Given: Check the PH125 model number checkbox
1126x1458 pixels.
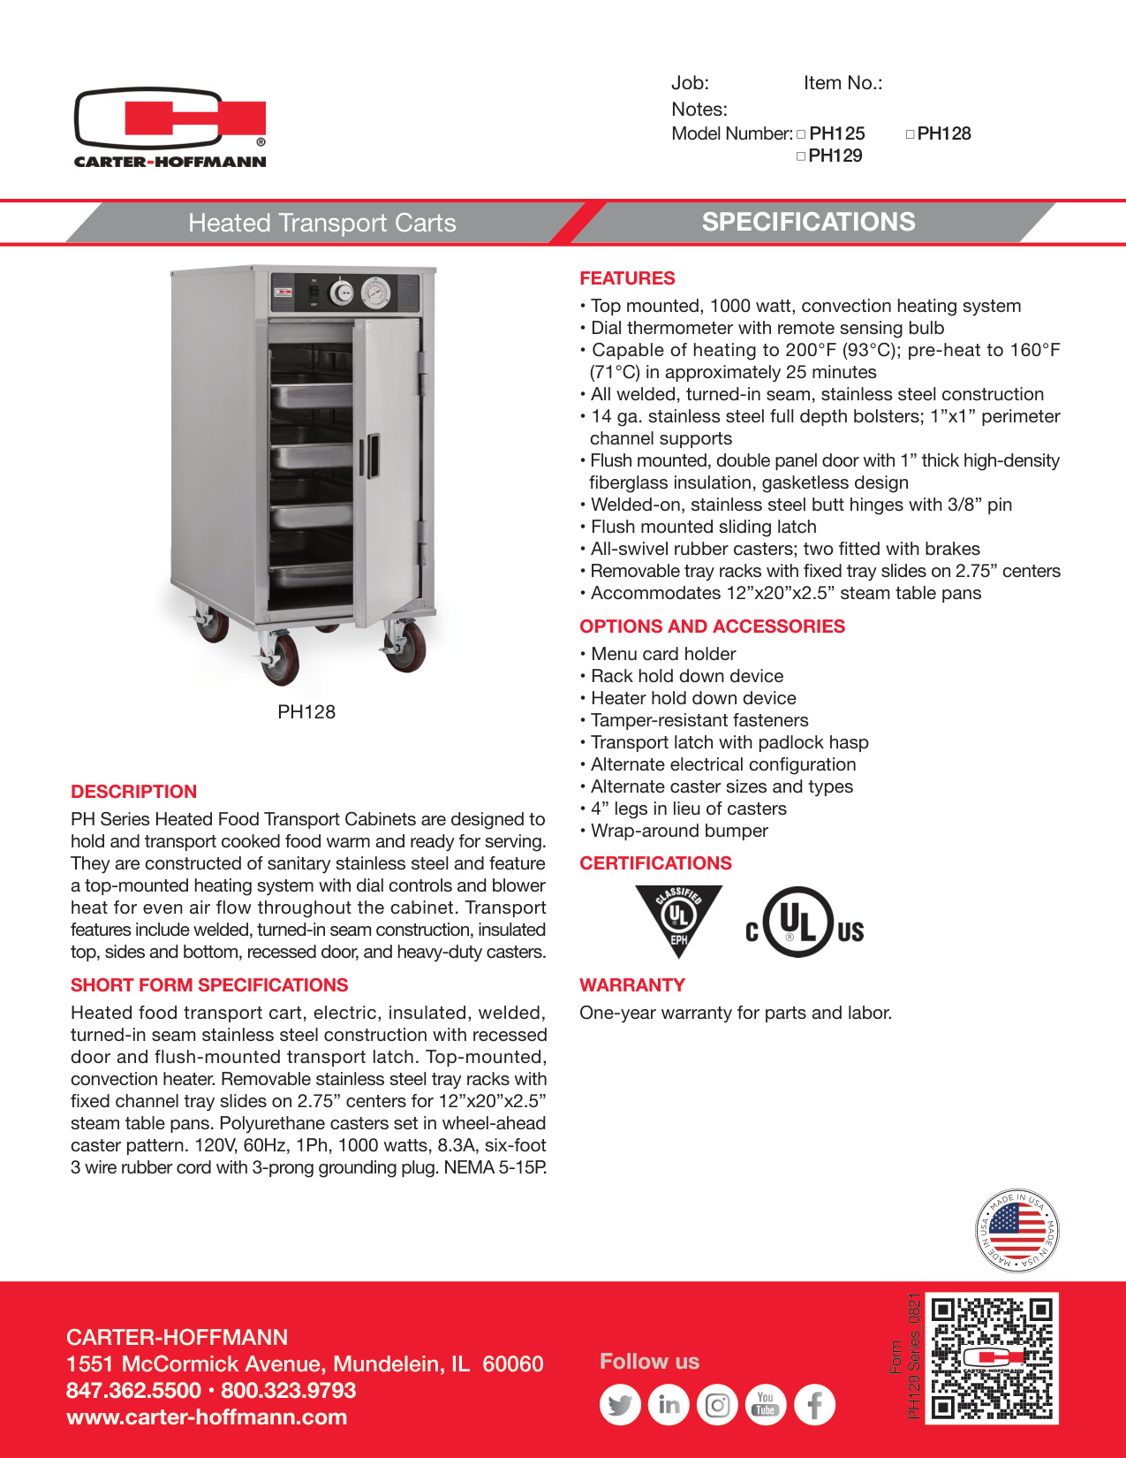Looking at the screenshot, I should pos(801,134).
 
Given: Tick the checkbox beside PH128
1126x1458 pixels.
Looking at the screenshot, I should pos(910,134).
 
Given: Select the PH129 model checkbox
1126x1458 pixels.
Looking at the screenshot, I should pos(801,156).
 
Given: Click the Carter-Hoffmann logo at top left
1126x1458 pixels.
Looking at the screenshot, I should pos(170,126).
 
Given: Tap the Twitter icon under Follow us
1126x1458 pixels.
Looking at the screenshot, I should pos(620,1405).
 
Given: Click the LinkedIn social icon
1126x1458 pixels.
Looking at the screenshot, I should pos(669,1405).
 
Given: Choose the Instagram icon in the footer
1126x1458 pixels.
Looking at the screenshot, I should pos(717,1405).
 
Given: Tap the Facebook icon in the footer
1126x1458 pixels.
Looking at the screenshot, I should pos(814,1405).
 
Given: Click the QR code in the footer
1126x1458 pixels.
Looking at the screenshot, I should pos(994,1357).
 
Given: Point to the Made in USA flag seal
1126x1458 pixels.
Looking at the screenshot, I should pos(1016,1231).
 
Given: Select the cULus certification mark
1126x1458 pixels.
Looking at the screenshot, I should pos(804,923).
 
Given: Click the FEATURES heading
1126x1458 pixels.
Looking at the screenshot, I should pos(627,278).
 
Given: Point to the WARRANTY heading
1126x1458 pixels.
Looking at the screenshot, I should pos(632,985).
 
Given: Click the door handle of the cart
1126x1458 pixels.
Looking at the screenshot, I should pos(374,455).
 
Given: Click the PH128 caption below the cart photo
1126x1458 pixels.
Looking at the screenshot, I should pos(306,712).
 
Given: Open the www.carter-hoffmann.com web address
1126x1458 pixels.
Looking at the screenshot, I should pos(207,1417).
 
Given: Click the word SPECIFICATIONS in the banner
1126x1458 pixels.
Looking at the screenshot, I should pos(808,222).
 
